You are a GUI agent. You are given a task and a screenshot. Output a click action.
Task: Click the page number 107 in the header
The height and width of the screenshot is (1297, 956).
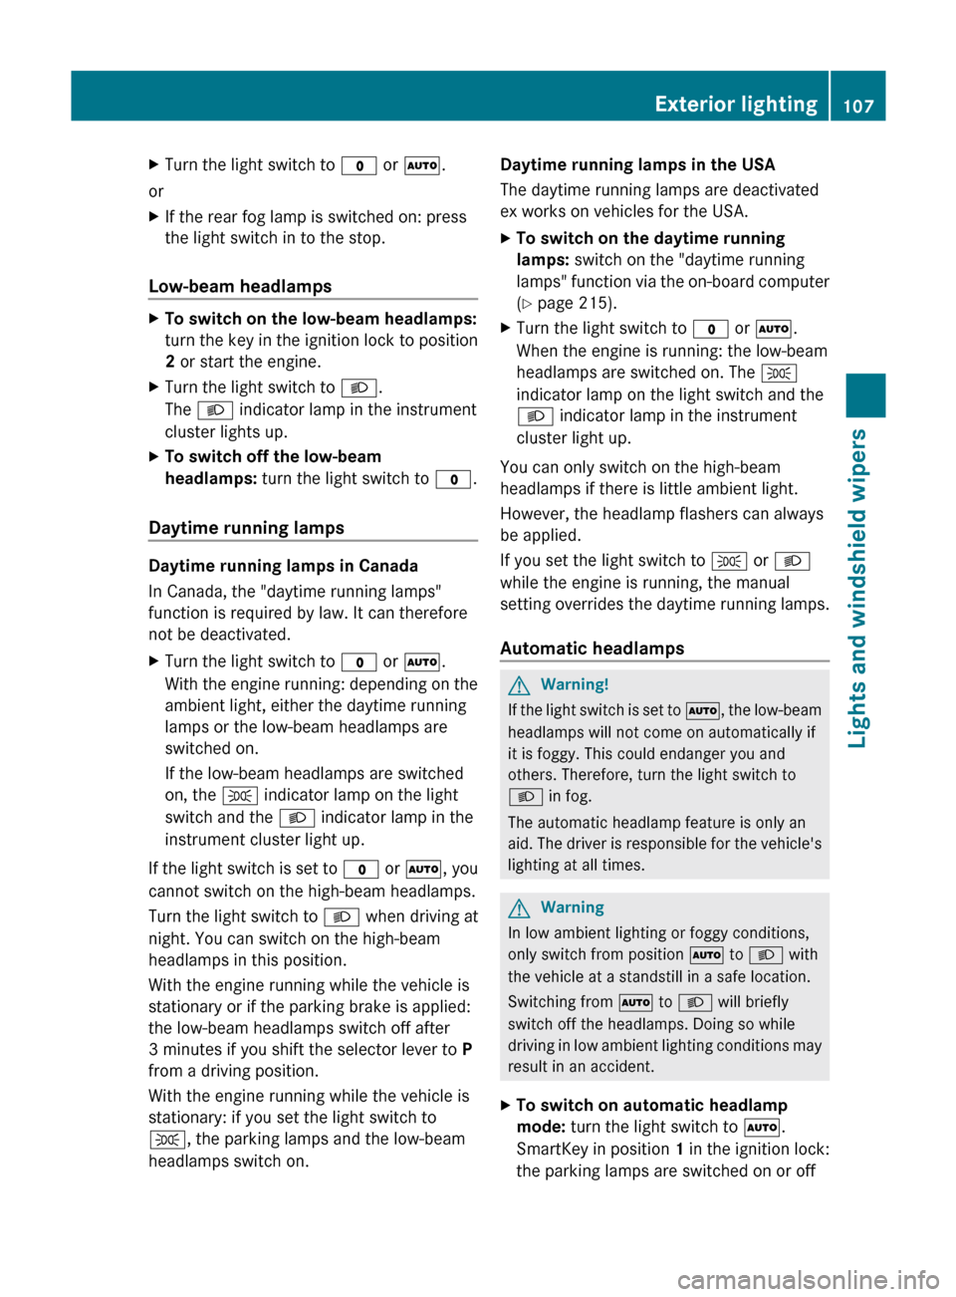tap(858, 105)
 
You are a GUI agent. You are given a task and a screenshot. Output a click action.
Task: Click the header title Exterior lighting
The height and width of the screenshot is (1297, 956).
tap(736, 104)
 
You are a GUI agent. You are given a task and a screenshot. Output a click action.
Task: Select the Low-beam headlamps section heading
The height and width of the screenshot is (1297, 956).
tap(240, 286)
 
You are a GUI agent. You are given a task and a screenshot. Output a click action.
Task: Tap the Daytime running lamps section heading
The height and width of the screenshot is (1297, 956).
tap(246, 528)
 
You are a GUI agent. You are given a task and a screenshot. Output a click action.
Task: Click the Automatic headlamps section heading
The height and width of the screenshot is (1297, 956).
tap(592, 648)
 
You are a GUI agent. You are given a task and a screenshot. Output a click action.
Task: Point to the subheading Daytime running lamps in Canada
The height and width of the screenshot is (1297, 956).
tap(283, 566)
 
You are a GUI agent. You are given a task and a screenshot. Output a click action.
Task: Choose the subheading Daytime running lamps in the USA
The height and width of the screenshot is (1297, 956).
tap(637, 164)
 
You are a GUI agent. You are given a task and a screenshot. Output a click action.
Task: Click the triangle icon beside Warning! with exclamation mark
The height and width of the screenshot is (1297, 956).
tap(519, 684)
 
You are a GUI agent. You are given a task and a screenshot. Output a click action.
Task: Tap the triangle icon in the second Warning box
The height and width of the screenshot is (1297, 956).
tap(519, 908)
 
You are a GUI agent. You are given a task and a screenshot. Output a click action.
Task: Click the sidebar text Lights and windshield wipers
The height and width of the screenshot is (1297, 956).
tap(857, 588)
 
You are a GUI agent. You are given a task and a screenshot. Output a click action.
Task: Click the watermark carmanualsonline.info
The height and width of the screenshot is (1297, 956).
tap(808, 1279)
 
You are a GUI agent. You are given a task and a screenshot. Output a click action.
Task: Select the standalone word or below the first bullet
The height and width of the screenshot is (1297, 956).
tap(156, 191)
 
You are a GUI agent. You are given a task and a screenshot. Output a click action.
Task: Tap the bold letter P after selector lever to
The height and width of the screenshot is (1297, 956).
tap(467, 1049)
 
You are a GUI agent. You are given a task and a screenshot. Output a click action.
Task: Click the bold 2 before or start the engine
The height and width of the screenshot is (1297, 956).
tap(170, 362)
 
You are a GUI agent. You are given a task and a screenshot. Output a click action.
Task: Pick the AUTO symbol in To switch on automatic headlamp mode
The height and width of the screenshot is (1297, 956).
tap(762, 1128)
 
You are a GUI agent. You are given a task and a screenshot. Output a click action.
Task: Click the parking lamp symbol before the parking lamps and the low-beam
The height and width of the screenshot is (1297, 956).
tap(167, 1140)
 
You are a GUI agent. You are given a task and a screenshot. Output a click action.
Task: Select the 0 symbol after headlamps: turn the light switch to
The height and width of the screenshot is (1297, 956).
tap(453, 479)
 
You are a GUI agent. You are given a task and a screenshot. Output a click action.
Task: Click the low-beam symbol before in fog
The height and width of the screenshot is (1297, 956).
tap(525, 797)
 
